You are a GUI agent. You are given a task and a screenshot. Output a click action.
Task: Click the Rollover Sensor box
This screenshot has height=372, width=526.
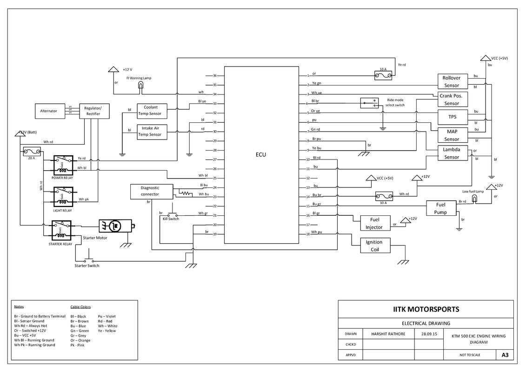[452, 81]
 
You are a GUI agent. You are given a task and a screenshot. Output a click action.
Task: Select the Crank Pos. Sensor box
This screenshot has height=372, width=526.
[452, 100]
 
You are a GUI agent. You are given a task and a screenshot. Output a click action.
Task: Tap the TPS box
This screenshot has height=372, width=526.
[452, 116]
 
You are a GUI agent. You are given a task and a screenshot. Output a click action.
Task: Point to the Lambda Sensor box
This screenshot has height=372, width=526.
[452, 153]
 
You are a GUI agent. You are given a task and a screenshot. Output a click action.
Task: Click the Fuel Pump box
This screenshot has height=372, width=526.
[440, 208]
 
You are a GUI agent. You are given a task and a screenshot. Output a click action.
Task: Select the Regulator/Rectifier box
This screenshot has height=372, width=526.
[96, 111]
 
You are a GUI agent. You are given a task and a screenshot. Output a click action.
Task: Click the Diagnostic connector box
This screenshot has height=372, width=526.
[150, 191]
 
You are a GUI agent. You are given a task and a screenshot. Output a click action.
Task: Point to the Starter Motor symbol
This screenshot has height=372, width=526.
[115, 226]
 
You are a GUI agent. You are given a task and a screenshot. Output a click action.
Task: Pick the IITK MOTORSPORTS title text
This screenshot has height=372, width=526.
[426, 309]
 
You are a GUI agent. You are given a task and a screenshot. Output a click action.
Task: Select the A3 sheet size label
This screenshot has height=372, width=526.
[505, 355]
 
